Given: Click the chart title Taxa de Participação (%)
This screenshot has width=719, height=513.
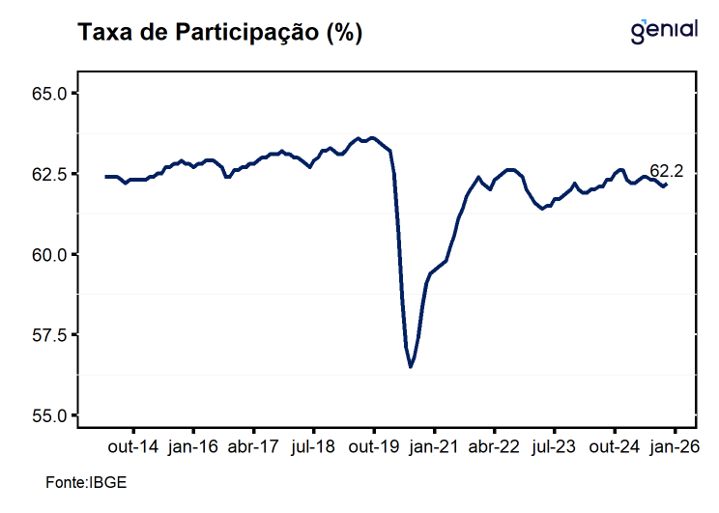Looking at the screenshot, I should (219, 33).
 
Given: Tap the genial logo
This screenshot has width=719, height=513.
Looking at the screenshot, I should (663, 30).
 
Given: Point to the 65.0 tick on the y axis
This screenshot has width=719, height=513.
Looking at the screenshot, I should (48, 94).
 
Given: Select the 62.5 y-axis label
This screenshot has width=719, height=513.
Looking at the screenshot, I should (48, 174).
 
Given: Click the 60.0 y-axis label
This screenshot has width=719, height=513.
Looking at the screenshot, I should (48, 255).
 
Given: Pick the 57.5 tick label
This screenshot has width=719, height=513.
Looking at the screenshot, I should (48, 335).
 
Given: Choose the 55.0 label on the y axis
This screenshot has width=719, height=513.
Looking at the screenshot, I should (48, 415).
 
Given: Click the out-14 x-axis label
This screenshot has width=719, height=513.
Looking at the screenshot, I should (132, 447).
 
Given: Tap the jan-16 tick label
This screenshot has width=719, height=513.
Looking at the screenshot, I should (193, 447).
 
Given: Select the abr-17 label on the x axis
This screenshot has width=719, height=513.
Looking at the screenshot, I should (253, 447).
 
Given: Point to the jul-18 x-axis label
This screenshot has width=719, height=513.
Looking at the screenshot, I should (313, 447).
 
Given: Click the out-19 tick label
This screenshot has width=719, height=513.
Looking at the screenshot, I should (374, 447).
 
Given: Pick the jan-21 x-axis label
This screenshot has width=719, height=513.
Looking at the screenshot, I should (434, 447).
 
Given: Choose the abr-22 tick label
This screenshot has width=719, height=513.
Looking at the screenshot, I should (494, 447).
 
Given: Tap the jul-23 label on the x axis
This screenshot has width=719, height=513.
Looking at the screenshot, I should (555, 447).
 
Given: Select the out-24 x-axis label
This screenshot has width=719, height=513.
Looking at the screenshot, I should (615, 447).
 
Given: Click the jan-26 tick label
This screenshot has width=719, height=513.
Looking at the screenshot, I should (675, 447).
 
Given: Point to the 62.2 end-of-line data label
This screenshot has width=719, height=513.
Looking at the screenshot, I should (666, 171).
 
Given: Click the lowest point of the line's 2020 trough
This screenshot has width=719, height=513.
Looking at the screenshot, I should (411, 367).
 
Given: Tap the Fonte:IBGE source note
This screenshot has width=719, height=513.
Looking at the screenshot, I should (86, 481).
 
